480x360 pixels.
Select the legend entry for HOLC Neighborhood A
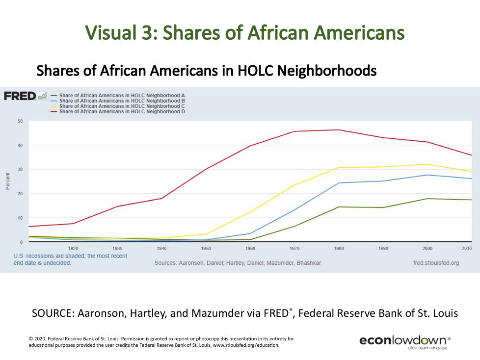tap(121, 95)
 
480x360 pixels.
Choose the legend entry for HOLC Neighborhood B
tap(121, 101)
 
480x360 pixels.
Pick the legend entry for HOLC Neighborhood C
tap(121, 106)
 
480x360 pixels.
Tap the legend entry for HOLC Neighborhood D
tap(121, 111)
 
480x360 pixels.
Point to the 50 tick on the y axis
tap(20, 121)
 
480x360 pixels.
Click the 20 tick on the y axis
tap(20, 194)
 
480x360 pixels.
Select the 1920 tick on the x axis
tap(73, 249)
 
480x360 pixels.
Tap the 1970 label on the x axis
tap(294, 249)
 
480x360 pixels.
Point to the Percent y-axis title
tap(7, 181)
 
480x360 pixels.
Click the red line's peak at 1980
tap(339, 130)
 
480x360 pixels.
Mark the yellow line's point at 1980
tap(339, 168)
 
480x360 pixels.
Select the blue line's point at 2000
tap(427, 175)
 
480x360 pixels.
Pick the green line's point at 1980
tap(339, 207)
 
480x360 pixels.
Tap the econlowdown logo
tap(405, 341)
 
